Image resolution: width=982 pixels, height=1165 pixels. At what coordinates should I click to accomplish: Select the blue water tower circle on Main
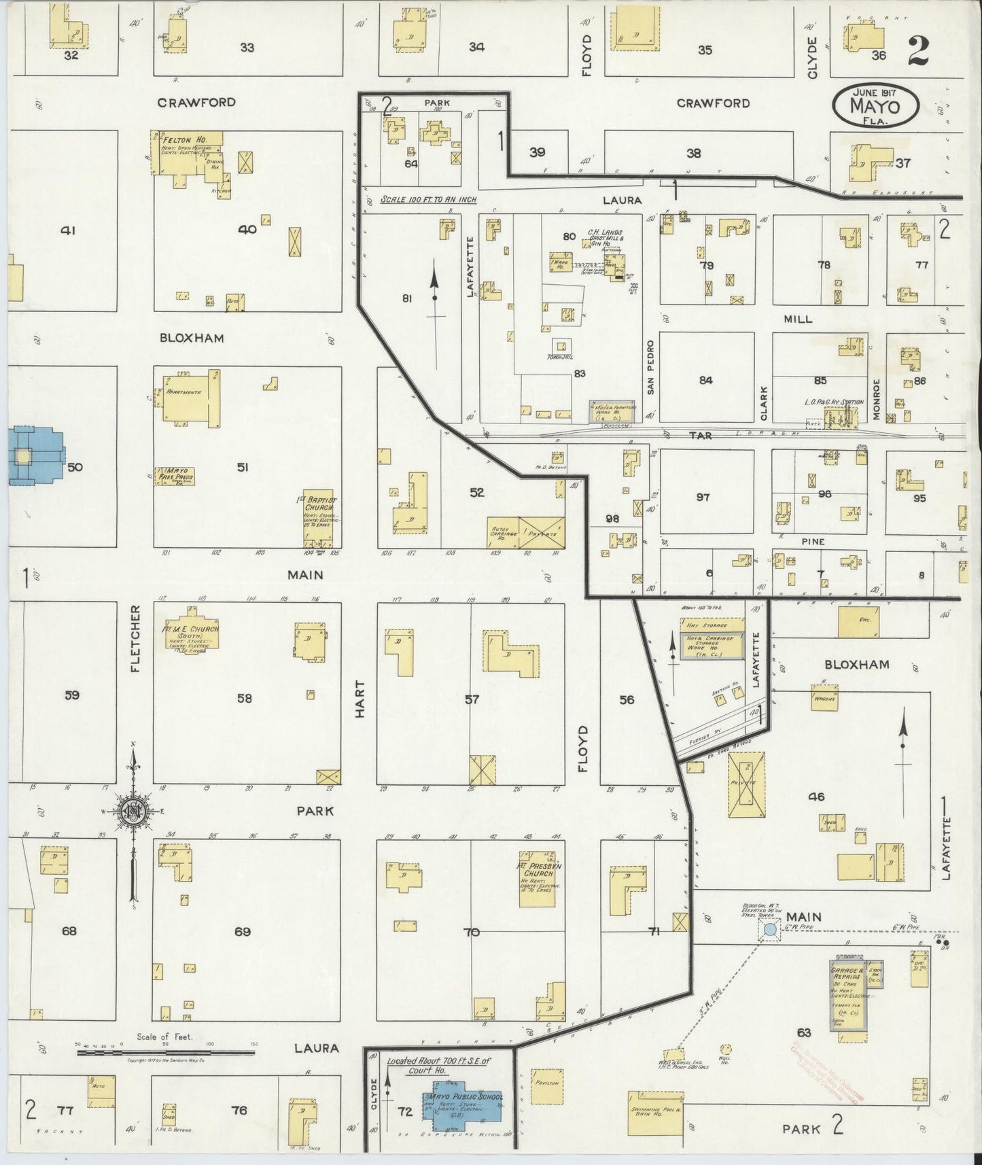[769, 929]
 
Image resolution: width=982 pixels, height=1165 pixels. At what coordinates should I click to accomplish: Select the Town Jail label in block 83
[561, 358]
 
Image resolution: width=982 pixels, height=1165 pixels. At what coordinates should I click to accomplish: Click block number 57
[472, 698]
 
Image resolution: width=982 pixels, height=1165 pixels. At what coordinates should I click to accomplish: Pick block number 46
[816, 796]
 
